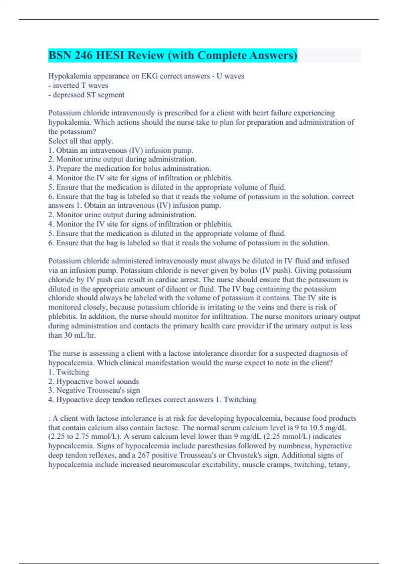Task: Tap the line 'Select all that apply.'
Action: [x=81, y=141]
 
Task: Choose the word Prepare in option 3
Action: [x=68, y=169]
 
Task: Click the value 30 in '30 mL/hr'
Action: [x=68, y=335]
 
